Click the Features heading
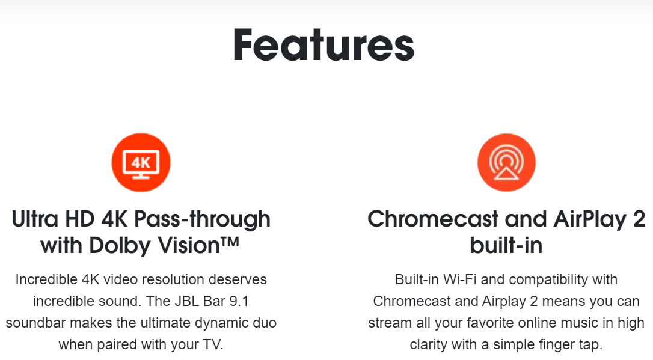[x=323, y=45]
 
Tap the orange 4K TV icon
[x=141, y=162]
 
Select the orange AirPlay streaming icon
[x=506, y=162]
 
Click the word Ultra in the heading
[x=34, y=219]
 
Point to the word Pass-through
[x=203, y=219]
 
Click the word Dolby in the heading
[x=118, y=246]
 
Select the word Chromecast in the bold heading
[x=433, y=219]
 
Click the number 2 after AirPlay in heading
[x=639, y=219]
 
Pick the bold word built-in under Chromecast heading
[x=506, y=246]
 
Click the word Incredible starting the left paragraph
[x=47, y=279]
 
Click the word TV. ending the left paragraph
[x=213, y=344]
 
